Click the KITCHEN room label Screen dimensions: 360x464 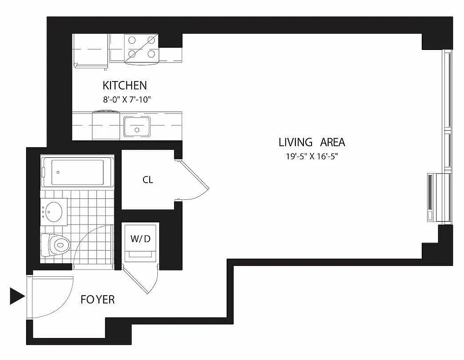coord(125,85)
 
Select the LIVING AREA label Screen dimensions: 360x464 coord(312,143)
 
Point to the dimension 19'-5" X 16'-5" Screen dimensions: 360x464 coord(312,157)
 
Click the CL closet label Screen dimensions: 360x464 coord(147,180)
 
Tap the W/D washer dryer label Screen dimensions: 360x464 coord(140,238)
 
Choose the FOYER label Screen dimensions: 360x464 coord(98,299)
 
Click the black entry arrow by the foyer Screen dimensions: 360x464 coord(17,296)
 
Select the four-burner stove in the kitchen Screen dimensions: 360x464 coord(139,48)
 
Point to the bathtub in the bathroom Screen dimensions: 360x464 coord(77,171)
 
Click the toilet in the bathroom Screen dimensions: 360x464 coord(56,245)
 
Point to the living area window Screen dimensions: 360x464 coord(447,112)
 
